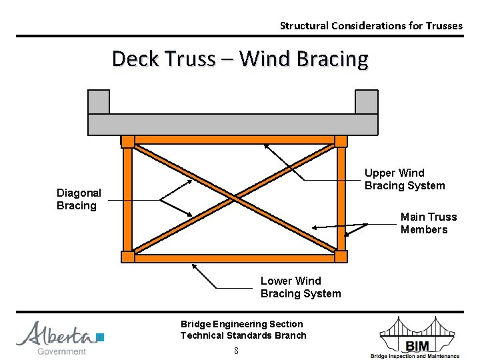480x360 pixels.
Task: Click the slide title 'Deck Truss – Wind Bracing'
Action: (x=240, y=59)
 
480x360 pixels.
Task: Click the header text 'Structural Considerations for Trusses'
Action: (x=371, y=26)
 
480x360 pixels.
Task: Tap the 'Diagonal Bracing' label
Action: (x=79, y=199)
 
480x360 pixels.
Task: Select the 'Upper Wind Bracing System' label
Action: (x=404, y=179)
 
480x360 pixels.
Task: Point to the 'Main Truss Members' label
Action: (x=428, y=223)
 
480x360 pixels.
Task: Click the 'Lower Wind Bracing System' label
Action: (x=300, y=287)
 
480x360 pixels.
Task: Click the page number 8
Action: (x=236, y=350)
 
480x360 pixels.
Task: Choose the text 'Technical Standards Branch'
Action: (x=243, y=335)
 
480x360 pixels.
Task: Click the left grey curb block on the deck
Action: (x=99, y=102)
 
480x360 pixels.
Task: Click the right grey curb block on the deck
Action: (x=367, y=102)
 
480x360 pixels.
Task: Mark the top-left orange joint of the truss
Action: (x=127, y=141)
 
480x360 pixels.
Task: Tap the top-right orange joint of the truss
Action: (x=341, y=141)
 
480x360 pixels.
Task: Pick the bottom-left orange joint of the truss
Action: (x=127, y=257)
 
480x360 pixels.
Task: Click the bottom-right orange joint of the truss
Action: (x=341, y=257)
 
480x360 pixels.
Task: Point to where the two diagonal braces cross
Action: (x=234, y=198)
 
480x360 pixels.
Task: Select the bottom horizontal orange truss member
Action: (x=234, y=258)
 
